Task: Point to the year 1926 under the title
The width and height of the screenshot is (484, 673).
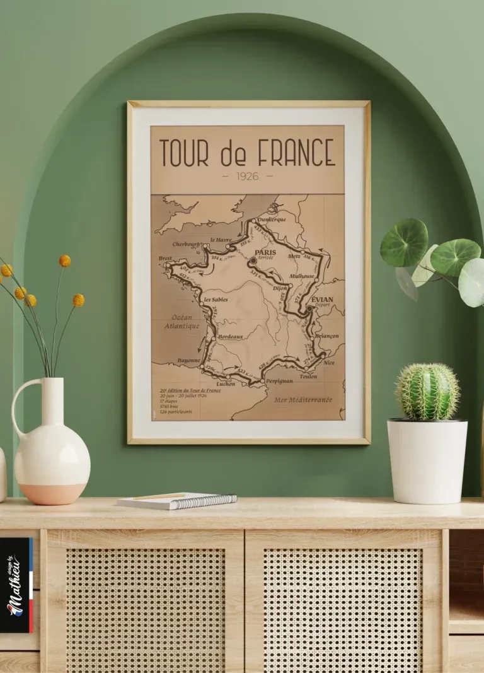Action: coord(248,177)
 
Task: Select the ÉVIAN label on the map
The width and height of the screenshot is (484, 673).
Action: coord(322,299)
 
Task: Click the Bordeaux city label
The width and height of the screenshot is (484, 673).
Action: coord(230,337)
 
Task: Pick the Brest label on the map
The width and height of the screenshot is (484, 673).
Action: coord(165,258)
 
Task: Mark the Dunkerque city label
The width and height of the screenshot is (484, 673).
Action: coord(272,219)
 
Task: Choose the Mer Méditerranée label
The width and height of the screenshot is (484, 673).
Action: coord(303,399)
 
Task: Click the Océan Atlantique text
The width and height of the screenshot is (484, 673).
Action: coord(181,322)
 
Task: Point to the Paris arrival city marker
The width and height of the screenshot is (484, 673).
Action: coord(253,259)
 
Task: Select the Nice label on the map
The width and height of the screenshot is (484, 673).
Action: coord(329,363)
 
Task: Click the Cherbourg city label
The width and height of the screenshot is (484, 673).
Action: coord(186,244)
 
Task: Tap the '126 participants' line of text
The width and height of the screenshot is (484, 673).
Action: coord(177,412)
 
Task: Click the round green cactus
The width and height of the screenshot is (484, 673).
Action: coord(427,392)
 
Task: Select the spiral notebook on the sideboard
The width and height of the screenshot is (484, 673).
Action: coord(176,501)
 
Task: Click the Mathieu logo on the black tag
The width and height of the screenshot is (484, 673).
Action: coord(15,583)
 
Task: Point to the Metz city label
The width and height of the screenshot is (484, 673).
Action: coord(294,256)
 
